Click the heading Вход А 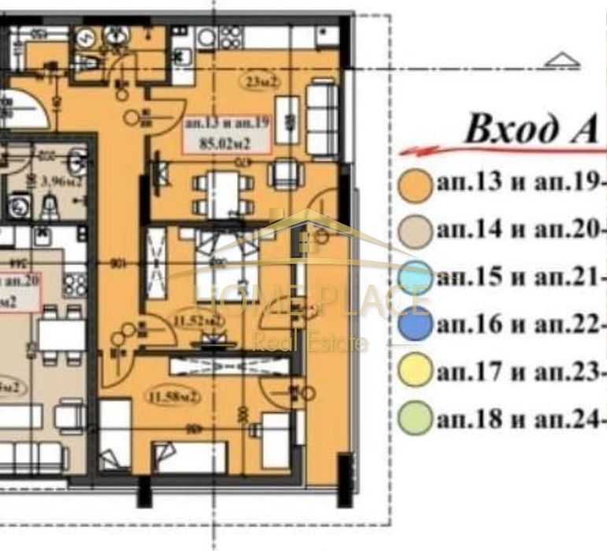(532, 129)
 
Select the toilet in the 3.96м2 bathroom (49, 206)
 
